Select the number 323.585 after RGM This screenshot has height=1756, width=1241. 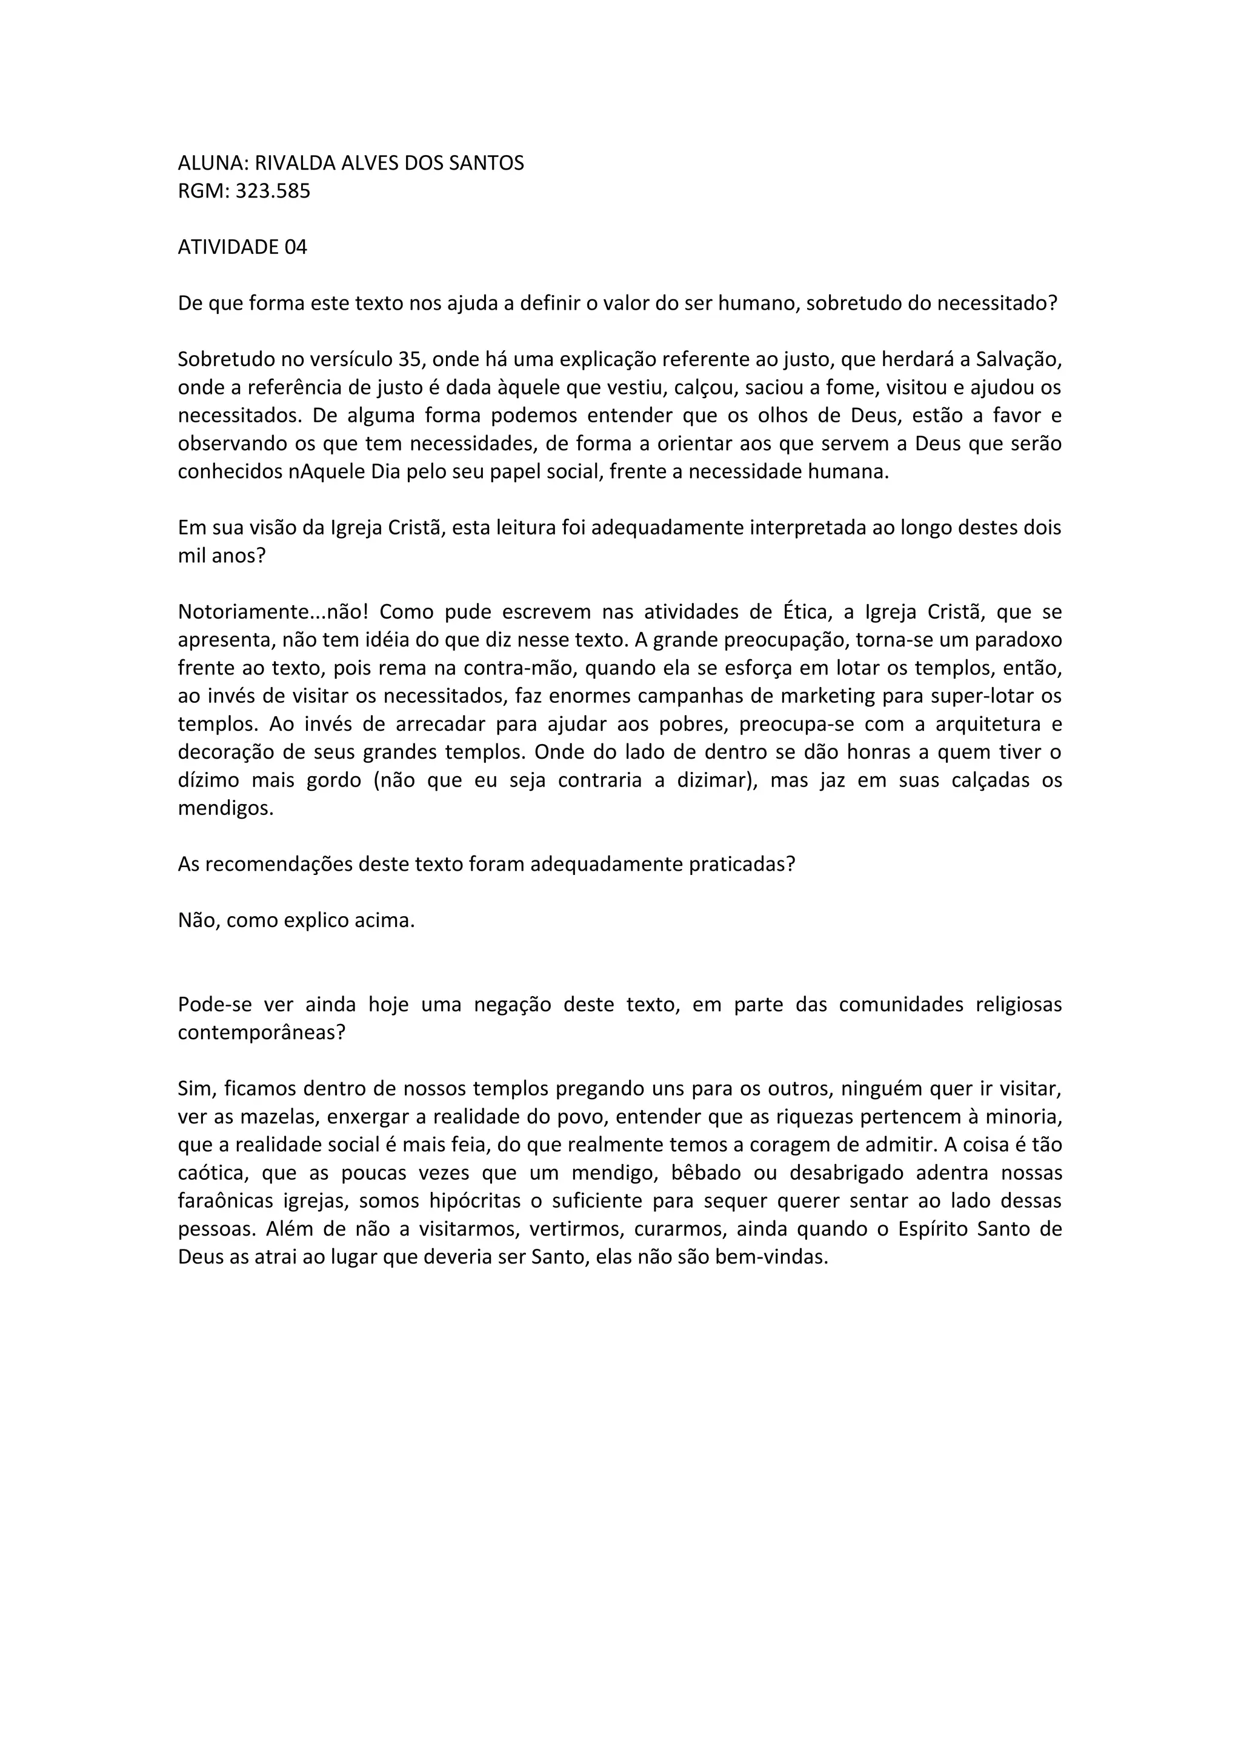point(272,191)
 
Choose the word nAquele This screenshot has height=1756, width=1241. point(327,471)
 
